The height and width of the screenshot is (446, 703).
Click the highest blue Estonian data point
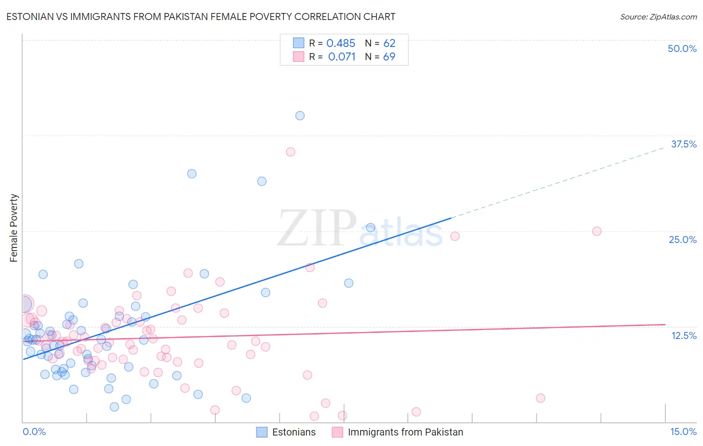tap(300, 115)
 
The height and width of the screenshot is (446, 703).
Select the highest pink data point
tap(290, 152)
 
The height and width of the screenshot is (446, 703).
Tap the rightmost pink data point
tap(596, 231)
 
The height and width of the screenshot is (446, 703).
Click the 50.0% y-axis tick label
tap(682, 48)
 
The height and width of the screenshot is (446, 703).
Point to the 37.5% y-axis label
tap(683, 144)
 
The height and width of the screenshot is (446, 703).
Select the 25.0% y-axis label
tap(682, 239)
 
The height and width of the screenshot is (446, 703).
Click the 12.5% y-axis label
tap(683, 335)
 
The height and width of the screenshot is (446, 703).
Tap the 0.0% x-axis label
tap(34, 431)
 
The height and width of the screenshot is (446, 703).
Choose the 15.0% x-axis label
tap(683, 431)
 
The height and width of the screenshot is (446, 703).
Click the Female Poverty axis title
tap(14, 228)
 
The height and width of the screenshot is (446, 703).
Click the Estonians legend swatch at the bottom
tap(262, 432)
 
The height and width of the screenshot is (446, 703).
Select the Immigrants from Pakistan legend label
tap(405, 432)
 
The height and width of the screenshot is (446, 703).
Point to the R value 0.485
tap(340, 43)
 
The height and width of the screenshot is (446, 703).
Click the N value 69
tap(389, 57)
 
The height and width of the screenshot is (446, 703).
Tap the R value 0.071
tap(341, 57)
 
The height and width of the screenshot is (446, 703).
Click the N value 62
tap(389, 43)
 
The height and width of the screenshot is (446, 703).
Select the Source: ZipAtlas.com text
tap(658, 17)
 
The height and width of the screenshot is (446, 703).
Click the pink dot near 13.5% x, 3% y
tap(540, 398)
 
